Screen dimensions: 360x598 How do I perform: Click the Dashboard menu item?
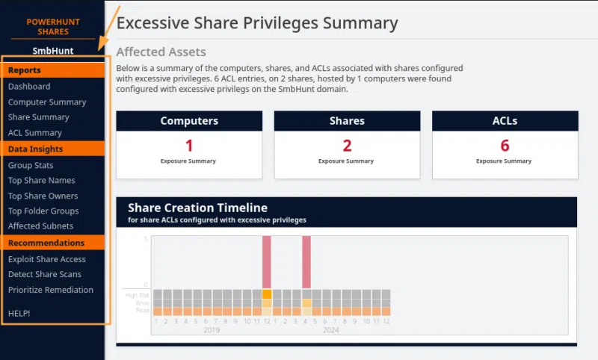click(x=29, y=87)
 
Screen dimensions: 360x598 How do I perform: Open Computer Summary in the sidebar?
click(x=47, y=102)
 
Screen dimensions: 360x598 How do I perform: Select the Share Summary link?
click(x=39, y=117)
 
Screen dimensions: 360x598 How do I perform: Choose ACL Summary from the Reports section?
click(x=35, y=133)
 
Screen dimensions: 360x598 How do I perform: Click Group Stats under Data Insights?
click(x=31, y=166)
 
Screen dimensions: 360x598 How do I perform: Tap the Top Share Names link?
click(x=42, y=181)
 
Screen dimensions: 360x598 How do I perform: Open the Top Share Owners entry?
click(x=43, y=196)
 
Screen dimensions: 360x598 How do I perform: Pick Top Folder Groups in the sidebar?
click(x=43, y=211)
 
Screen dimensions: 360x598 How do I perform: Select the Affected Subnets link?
click(x=41, y=226)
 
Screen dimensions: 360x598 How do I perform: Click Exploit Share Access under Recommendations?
click(x=47, y=259)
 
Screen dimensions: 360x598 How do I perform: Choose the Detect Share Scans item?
click(x=45, y=275)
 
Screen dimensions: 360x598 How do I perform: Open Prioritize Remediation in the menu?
click(x=51, y=290)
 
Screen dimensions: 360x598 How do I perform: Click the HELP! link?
click(x=19, y=313)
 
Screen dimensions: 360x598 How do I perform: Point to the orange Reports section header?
click(x=25, y=70)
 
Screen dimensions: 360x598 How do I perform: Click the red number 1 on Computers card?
click(x=189, y=146)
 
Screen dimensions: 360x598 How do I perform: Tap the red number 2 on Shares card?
click(x=347, y=146)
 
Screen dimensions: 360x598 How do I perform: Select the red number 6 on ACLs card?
click(x=505, y=146)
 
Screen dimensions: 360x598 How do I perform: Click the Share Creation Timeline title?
click(x=197, y=208)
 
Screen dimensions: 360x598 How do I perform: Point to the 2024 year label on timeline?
click(x=331, y=329)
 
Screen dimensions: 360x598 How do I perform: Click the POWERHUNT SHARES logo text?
click(x=53, y=27)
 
